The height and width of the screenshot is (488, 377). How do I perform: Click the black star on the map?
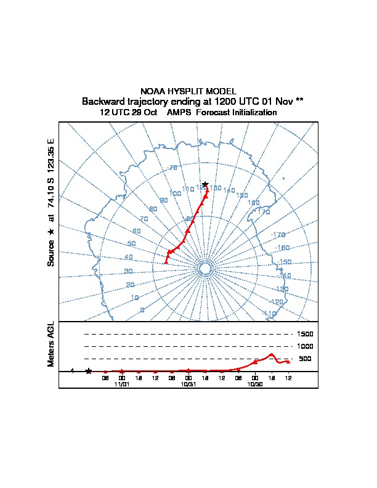point(205,184)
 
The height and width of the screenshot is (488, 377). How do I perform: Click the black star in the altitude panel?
point(89,371)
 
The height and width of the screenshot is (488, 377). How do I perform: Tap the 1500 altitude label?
point(306,334)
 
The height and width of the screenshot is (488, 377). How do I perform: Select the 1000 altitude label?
point(306,346)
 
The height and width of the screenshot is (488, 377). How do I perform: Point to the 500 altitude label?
point(305,359)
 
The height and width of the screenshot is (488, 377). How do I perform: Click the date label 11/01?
point(122,384)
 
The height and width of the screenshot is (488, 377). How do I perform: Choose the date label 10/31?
point(188,384)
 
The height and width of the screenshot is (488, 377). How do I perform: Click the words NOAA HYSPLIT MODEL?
point(188,91)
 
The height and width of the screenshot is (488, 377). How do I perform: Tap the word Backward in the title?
point(103,101)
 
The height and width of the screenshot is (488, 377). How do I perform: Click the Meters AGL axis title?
point(51,344)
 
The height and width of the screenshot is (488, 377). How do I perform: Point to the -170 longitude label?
point(279,235)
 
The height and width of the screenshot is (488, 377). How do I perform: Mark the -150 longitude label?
point(284,262)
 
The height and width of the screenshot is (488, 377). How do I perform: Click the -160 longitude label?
point(282,248)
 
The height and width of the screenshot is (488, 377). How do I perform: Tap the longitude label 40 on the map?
point(128,258)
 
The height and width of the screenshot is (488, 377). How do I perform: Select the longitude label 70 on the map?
point(144,219)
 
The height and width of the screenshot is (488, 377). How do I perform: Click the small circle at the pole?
point(205,269)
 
